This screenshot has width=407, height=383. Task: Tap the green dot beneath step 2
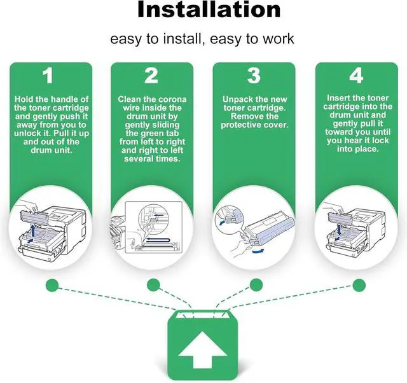pos(153,283)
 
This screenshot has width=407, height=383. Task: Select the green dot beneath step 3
pos(256,283)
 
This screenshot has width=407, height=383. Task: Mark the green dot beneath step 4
pos(359,283)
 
